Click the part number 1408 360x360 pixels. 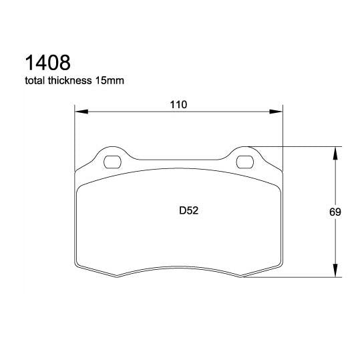pos(47,63)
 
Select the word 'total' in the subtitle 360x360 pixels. pos(35,81)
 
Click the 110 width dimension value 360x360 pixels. pos(178,104)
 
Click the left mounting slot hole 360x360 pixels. pos(112,160)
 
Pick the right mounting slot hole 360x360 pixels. pos(246,160)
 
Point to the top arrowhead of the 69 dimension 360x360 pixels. pos(334,151)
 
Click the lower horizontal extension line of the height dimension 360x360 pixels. pos(294,278)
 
